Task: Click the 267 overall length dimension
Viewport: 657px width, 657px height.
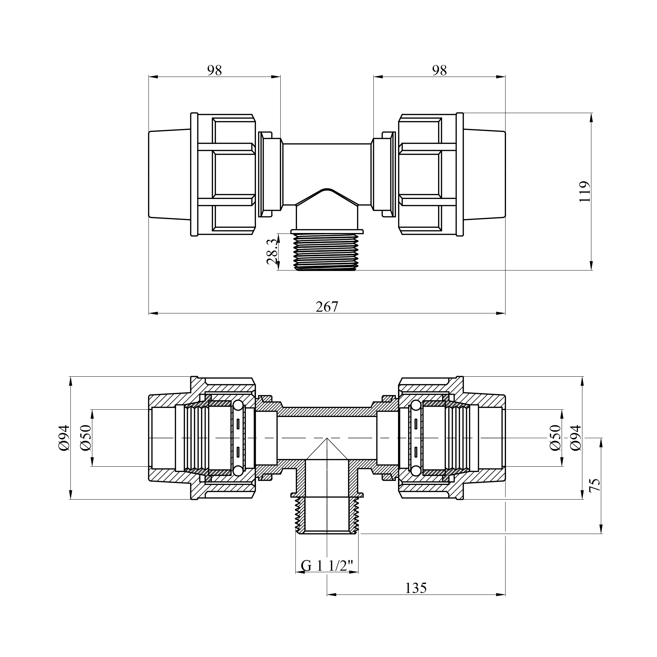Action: (327, 307)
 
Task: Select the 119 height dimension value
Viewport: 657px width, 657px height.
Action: (585, 192)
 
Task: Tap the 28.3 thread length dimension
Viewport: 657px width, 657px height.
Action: (272, 252)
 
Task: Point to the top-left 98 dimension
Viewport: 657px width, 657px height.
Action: (215, 70)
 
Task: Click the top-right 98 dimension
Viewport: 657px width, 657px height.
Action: (439, 70)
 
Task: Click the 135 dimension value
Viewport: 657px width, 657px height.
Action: (416, 588)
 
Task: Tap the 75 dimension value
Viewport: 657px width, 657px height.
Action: (595, 485)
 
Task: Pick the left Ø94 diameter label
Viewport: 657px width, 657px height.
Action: (64, 438)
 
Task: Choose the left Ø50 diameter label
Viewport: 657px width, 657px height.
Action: (86, 438)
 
